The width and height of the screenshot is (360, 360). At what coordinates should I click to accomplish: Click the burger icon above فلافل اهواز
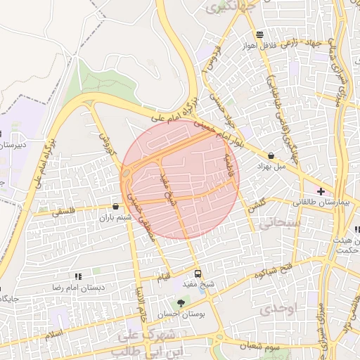[260, 34]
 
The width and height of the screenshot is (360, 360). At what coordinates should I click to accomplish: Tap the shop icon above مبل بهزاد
[271, 155]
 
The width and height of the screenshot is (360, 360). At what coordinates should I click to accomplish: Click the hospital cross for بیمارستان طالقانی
[321, 191]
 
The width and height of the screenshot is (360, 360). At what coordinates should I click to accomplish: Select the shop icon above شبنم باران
[115, 207]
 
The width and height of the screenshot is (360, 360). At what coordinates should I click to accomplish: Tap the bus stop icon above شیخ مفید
[197, 273]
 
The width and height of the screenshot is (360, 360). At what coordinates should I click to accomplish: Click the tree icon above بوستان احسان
[182, 303]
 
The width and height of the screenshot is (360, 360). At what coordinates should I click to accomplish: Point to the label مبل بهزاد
[271, 167]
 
